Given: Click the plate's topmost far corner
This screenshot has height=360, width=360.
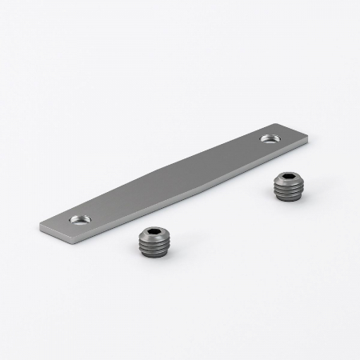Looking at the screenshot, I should (x=274, y=122).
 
